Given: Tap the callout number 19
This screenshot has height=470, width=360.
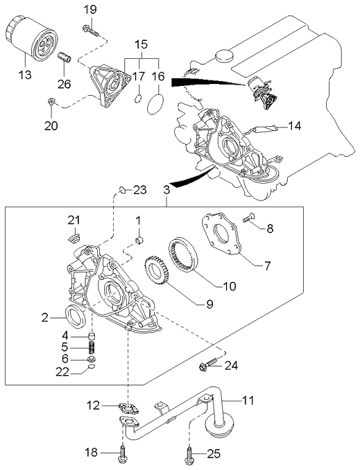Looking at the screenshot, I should pos(90,9).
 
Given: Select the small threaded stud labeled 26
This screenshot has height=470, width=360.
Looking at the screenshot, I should pos(63,59).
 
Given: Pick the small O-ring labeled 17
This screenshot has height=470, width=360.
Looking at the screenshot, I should pos(137,100).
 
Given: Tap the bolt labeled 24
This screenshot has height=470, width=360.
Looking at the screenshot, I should pos(208,364).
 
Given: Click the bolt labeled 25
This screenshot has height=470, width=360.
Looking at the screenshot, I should pos(189,454).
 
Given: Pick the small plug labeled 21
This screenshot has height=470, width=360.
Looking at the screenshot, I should pos(74,240).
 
